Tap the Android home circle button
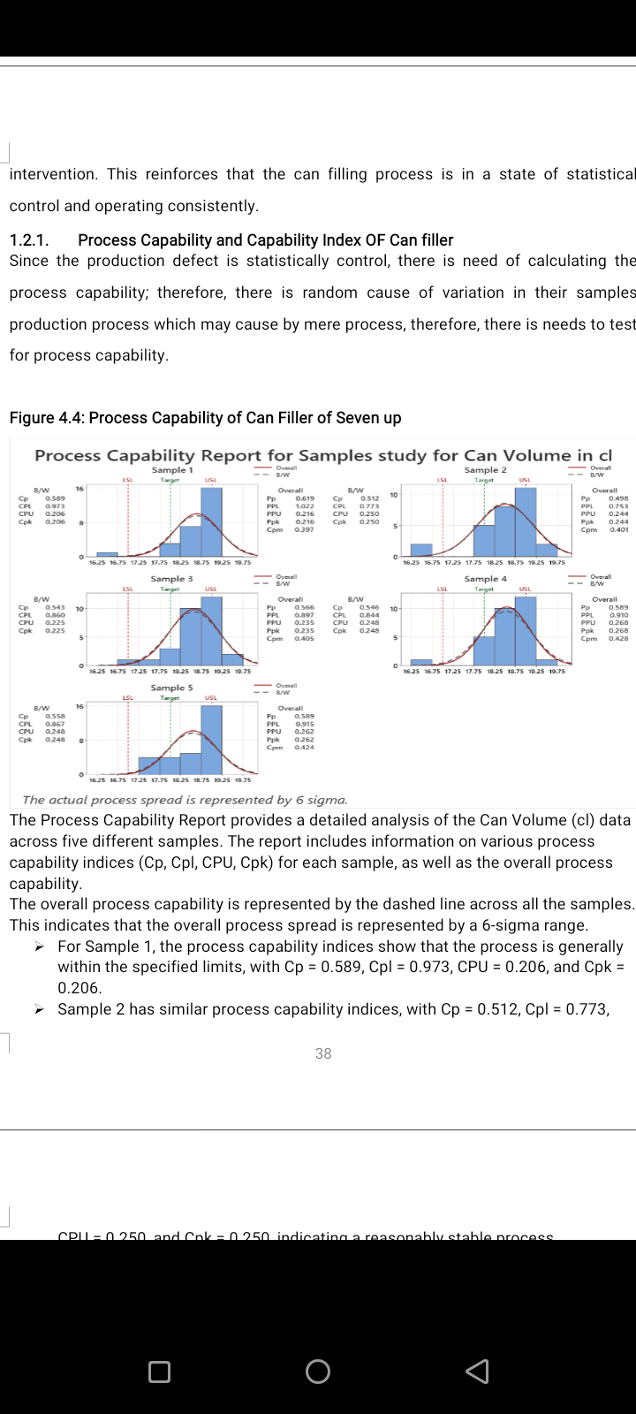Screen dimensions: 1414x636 coord(318,1371)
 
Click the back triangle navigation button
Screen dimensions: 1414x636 coord(477,1371)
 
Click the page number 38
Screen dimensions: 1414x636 coord(323,1053)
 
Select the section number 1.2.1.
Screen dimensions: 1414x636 coord(29,240)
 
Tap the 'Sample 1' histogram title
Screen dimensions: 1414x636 coord(171,470)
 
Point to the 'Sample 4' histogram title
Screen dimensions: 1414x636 coord(486,579)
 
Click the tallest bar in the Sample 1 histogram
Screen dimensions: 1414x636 coord(211,521)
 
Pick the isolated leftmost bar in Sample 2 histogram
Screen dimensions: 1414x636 coord(421,550)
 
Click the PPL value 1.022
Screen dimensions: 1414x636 coord(305,506)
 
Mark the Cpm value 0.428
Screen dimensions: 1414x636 coord(618,639)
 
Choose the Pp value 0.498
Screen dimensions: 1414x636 coord(618,498)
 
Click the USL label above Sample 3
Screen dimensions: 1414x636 coord(211,589)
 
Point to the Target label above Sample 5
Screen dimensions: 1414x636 coord(170,697)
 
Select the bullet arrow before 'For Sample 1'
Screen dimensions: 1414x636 coord(40,946)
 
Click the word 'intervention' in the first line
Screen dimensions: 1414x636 coord(52,174)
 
